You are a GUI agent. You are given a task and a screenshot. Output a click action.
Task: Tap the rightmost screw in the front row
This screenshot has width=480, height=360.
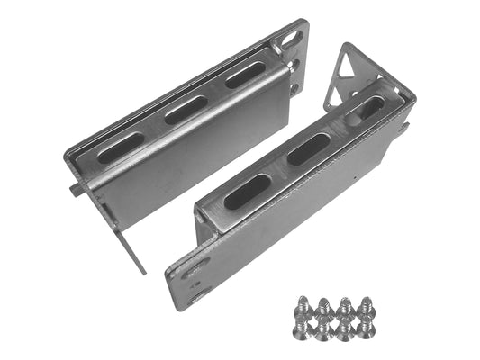[x=365, y=328]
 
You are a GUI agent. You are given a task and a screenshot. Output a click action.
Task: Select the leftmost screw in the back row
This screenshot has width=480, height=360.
[x=304, y=305]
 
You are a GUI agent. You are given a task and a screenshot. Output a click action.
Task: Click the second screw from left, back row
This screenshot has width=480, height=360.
[x=325, y=307]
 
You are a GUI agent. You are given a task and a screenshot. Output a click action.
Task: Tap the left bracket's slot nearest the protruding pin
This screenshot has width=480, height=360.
[x=122, y=147]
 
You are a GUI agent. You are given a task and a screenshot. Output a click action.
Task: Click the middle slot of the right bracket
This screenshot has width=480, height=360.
[x=308, y=149]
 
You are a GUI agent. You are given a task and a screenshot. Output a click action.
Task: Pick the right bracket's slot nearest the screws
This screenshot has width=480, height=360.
[x=247, y=191]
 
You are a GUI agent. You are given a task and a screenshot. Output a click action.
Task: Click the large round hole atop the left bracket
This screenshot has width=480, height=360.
[x=290, y=40]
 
